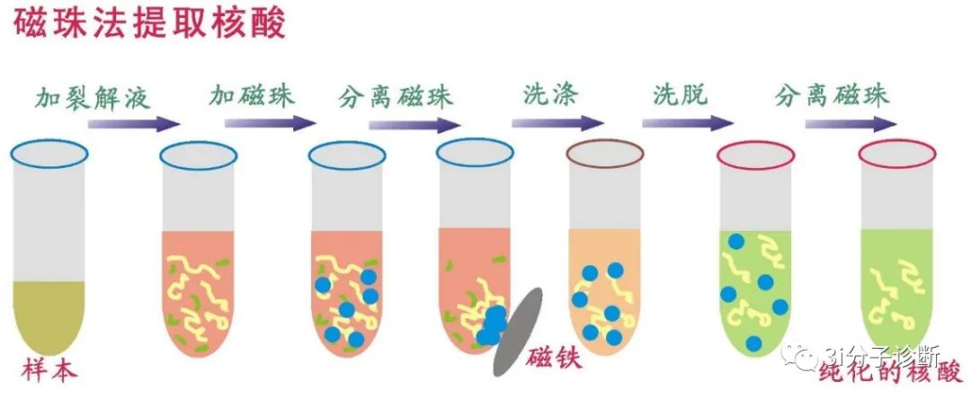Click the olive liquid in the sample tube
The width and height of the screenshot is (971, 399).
pyautogui.click(x=49, y=315)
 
